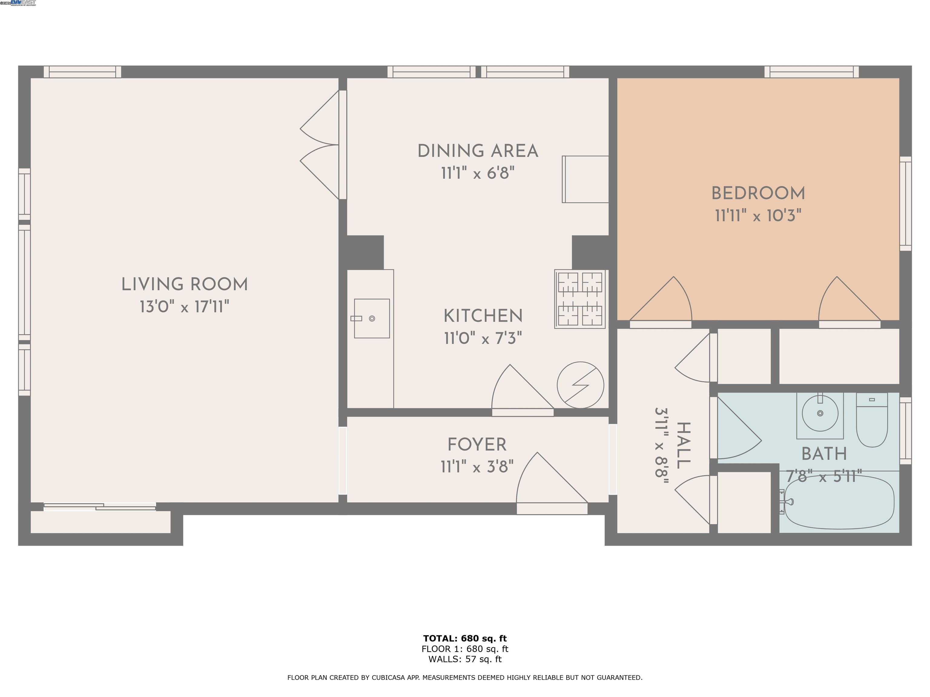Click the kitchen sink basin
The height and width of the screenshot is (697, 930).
click(x=372, y=319)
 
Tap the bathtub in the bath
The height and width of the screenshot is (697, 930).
click(x=839, y=502)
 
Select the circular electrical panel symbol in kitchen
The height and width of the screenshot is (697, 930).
click(x=580, y=385)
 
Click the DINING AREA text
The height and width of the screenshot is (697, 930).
click(x=478, y=151)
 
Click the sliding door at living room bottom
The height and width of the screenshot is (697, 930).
click(x=100, y=507)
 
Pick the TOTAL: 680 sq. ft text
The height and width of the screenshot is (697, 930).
click(x=465, y=639)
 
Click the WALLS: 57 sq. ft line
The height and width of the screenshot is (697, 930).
click(x=465, y=659)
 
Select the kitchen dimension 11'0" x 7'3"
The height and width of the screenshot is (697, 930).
click(x=483, y=338)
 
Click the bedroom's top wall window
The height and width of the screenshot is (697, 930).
click(x=811, y=72)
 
